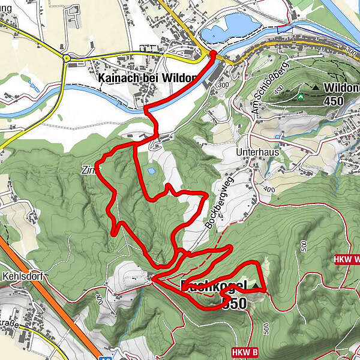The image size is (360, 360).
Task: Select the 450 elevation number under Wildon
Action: coord(332,101)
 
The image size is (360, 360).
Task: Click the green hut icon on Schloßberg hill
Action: coord(299,96)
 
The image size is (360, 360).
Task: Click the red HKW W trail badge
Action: coord(346,259)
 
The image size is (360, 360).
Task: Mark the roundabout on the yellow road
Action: coord(67,58)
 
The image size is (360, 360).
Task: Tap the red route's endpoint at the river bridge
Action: coord(212,54)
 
